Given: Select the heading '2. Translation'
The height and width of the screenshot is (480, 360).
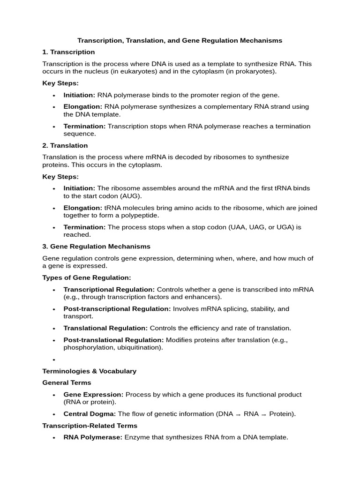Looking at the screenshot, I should click(x=65, y=145).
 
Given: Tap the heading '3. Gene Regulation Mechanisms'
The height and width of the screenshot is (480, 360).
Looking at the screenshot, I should click(x=97, y=246).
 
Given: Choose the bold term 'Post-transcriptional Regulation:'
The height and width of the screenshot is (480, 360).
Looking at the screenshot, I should click(x=117, y=309).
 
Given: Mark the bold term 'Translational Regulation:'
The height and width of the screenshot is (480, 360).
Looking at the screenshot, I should click(x=105, y=328).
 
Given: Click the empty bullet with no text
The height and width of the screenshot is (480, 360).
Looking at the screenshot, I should click(x=54, y=360).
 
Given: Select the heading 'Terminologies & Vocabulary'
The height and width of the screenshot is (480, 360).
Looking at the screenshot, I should click(x=90, y=371).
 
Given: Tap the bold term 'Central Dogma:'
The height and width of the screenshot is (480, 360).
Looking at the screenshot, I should click(x=90, y=414).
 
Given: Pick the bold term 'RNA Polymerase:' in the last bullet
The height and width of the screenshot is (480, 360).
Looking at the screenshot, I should click(x=93, y=437).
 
